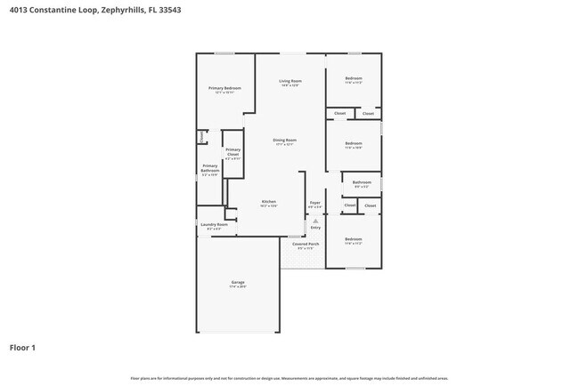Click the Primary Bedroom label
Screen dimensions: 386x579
(x=224, y=88)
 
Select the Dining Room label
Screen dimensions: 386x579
(x=284, y=140)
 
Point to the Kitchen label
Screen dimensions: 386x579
(x=268, y=202)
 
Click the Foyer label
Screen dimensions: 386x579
(x=314, y=203)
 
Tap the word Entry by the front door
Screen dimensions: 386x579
(x=315, y=228)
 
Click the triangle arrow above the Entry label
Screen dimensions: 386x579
(x=314, y=220)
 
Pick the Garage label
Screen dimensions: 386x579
(x=237, y=283)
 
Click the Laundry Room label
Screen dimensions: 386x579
(x=214, y=225)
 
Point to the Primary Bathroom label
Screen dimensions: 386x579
(x=209, y=166)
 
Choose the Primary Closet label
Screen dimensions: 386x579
(x=232, y=150)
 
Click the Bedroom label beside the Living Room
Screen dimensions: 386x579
(x=354, y=78)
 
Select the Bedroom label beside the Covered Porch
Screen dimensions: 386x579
(x=354, y=238)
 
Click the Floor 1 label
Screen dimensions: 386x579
(x=22, y=347)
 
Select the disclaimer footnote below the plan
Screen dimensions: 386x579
(x=289, y=378)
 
